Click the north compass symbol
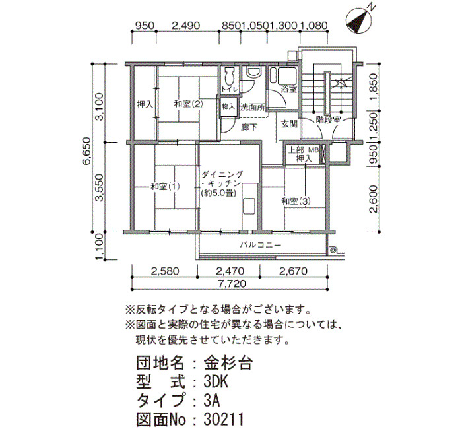pos(358,20)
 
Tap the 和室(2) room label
pos(189,104)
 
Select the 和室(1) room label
pos(165,187)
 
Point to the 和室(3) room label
pos(296,201)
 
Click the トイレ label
pos(230,89)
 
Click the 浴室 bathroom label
pos(289,89)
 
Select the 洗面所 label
pos(252,107)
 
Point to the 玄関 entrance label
pos(289,124)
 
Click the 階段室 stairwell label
pos(328,119)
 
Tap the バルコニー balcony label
pos(261,245)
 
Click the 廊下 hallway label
pos(249,127)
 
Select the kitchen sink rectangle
pos(249,207)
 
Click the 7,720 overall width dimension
pos(232,284)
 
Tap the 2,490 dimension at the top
pos(185,26)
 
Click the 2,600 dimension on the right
pos(374,199)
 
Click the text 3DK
pos(216,382)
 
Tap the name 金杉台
pos(228,363)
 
